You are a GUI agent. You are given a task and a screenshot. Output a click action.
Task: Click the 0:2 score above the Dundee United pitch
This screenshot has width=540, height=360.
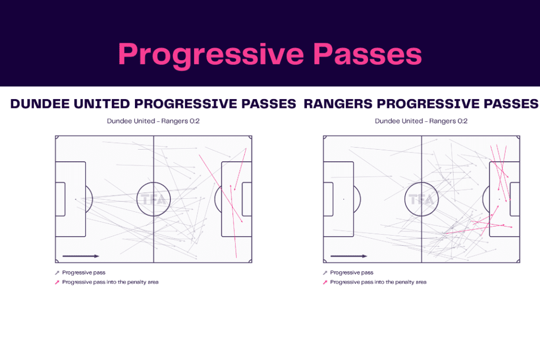click(x=192, y=121)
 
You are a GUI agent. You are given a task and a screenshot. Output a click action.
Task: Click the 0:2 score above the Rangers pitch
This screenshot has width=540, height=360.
click(x=460, y=121)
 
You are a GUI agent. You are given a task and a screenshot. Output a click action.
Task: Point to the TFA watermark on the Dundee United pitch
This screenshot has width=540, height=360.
click(x=153, y=199)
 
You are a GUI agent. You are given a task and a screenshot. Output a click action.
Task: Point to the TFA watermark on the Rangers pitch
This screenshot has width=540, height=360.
click(x=421, y=199)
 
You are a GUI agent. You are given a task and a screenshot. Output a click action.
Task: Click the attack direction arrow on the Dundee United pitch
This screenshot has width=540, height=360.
click(x=81, y=256)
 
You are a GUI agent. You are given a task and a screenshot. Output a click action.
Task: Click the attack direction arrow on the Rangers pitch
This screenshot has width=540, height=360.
click(x=349, y=256)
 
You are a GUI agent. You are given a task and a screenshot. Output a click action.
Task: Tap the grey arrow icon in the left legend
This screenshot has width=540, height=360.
click(x=57, y=273)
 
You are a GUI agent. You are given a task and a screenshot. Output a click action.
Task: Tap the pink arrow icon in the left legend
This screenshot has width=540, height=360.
click(x=57, y=283)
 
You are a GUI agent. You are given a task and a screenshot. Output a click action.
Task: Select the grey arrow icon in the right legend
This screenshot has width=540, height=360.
click(x=325, y=273)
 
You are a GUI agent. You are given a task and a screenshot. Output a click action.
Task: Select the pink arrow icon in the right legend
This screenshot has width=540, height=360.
click(x=325, y=283)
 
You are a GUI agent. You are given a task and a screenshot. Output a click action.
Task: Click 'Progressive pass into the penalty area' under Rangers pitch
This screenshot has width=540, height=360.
click(x=378, y=283)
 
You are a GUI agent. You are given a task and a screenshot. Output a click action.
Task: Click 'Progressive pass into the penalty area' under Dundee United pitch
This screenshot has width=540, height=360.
click(x=110, y=283)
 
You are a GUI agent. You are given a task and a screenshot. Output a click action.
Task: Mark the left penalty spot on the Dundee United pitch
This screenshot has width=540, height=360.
click(x=75, y=199)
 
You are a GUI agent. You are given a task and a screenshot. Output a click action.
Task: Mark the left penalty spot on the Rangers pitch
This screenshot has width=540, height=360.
click(x=343, y=199)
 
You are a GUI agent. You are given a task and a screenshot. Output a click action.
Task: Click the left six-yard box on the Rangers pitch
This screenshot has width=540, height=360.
click(x=327, y=199)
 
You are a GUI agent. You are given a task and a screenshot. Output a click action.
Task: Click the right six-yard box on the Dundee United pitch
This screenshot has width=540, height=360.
click(x=247, y=199)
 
